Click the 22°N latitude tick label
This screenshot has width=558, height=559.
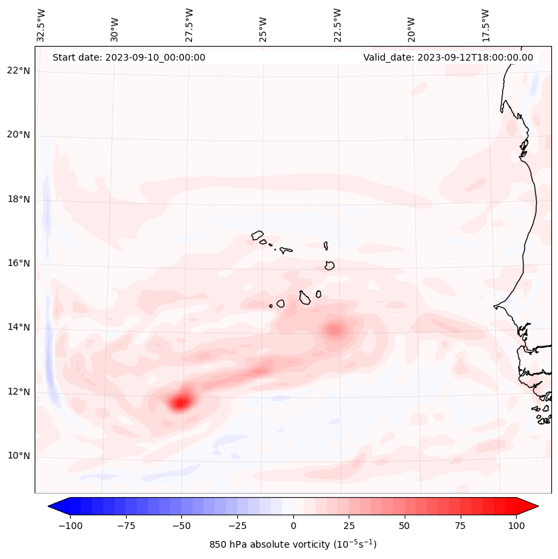point(19,71)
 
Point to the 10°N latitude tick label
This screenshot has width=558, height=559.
point(19,456)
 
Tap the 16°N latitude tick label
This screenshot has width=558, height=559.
point(19,264)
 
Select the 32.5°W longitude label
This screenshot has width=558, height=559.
point(42,25)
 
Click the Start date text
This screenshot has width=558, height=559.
point(129,57)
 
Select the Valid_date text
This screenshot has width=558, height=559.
point(448,57)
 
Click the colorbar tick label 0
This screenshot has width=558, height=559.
point(293,525)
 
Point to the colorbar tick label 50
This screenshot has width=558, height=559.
point(405,525)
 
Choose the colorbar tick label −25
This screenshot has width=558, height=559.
point(237,525)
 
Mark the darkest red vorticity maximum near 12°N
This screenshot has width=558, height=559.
point(180,402)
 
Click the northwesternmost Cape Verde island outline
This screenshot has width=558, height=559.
point(257,235)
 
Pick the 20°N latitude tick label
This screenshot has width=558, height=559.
point(19,135)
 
